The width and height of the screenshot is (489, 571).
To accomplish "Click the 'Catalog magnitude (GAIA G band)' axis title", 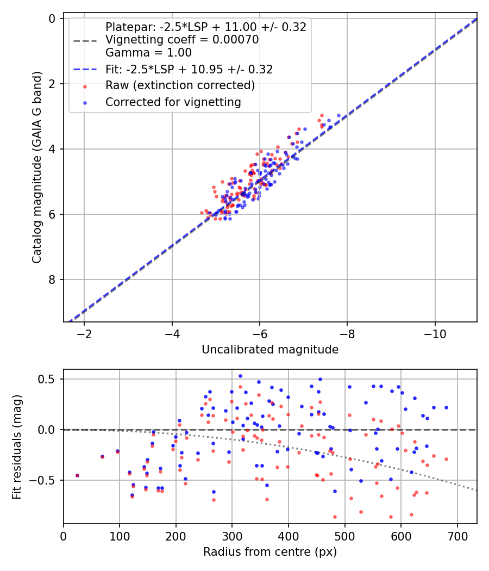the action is (x=37, y=167).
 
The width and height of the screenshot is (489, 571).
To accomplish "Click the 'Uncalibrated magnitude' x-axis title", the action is (x=270, y=350).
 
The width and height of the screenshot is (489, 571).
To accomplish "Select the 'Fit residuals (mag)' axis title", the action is (x=17, y=447).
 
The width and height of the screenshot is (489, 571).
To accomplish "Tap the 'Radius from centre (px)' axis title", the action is (x=270, y=552).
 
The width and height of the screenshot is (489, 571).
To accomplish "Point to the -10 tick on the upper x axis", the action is (x=435, y=334).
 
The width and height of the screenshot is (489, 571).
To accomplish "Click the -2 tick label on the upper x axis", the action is (x=84, y=334).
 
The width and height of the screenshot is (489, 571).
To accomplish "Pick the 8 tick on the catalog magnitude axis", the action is (x=52, y=280).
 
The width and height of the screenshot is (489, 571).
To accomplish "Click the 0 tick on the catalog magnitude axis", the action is (x=52, y=18).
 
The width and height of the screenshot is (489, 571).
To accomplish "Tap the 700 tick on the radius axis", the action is (x=457, y=536).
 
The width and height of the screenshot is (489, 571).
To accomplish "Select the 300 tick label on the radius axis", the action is (x=232, y=536).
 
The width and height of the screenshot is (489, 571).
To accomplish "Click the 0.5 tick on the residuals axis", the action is (x=47, y=379).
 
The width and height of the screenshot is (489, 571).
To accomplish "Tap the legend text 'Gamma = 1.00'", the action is (x=148, y=52).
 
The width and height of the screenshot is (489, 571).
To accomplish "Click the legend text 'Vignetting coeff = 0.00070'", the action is (x=182, y=40).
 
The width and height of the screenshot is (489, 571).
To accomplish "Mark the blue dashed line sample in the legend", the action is (x=85, y=69).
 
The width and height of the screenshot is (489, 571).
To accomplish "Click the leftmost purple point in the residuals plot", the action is (x=77, y=476).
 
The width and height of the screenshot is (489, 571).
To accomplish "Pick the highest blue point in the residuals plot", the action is (x=240, y=376).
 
